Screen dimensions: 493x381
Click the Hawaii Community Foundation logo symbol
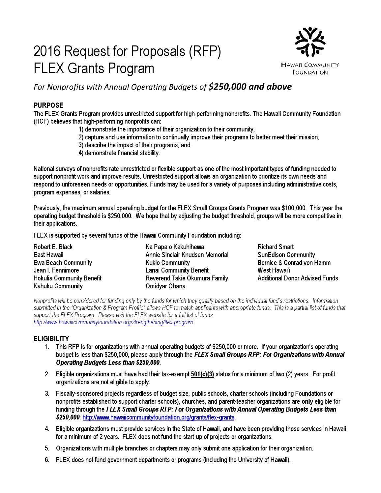310,41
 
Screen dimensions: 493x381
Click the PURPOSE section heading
48,105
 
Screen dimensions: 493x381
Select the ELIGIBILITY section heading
51,338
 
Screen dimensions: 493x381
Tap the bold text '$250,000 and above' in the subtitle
250,87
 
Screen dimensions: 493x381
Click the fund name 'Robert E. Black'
53,247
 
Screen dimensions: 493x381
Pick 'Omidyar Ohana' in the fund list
165,286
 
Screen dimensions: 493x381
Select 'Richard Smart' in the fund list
276,247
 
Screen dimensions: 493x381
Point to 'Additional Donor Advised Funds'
298,278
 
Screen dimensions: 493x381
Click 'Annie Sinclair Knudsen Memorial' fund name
187,255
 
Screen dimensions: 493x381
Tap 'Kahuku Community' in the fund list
58,286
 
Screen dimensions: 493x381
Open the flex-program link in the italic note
113,322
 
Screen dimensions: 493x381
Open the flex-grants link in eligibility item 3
159,417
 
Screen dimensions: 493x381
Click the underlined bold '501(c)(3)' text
202,374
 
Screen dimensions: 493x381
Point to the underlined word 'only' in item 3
307,401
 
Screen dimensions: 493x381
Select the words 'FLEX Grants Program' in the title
94,69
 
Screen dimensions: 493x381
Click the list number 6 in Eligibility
47,459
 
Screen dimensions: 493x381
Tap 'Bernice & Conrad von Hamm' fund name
294,263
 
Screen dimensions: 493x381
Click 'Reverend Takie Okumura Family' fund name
187,278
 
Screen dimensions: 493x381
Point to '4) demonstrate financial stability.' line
119,153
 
